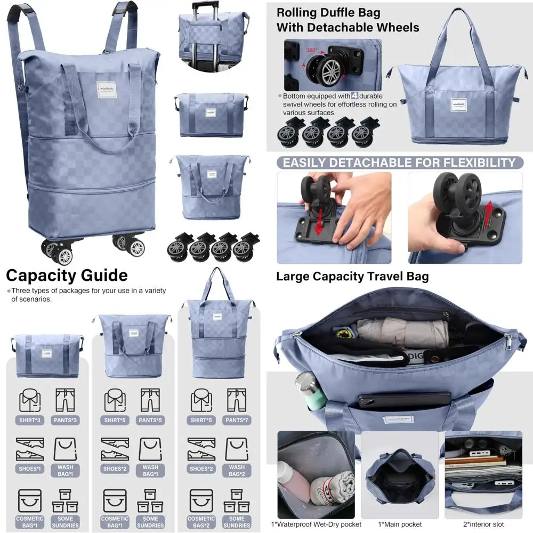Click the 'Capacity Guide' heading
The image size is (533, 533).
pyautogui.click(x=67, y=275)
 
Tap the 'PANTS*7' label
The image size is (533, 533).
pyautogui.click(x=237, y=420)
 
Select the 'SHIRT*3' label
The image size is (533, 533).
pyautogui.click(x=30, y=420)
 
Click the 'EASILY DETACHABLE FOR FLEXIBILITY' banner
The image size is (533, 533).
pyautogui.click(x=399, y=163)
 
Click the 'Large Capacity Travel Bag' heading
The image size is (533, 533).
pyautogui.click(x=352, y=276)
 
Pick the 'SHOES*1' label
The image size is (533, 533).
pyautogui.click(x=30, y=469)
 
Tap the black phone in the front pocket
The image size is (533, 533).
pyautogui.click(x=405, y=400)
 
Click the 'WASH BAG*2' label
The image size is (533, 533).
pyautogui.click(x=237, y=470)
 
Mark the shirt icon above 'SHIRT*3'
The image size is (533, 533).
pyautogui.click(x=30, y=400)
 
